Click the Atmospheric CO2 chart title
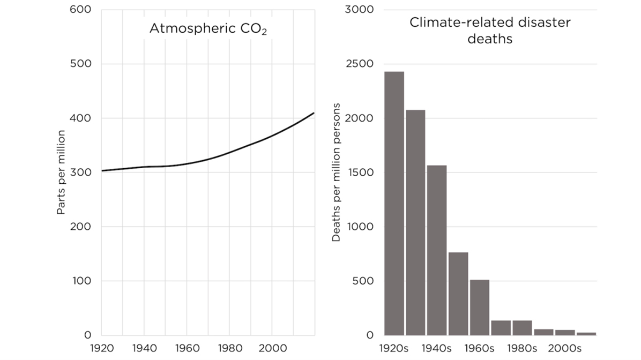pos(208,29)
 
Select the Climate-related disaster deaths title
pos(490,31)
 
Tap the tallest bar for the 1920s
pos(394,204)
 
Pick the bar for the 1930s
pos(415,222)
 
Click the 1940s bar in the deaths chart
pos(437,250)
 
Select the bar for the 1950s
pos(458,294)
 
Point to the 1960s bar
pos(480,307)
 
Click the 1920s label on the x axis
pos(394,348)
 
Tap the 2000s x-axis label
pos(565,348)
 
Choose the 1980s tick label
pos(523,348)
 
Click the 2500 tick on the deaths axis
pos(363,64)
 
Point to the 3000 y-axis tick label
pos(363,10)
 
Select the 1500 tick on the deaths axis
pos(363,172)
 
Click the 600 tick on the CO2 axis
pos(80,10)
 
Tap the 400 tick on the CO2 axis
pos(80,118)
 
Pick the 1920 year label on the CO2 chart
pos(101,348)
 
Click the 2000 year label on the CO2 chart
pos(272,348)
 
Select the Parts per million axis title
pos(62,172)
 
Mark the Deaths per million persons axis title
pos(336,172)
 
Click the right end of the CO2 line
pos(314,113)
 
